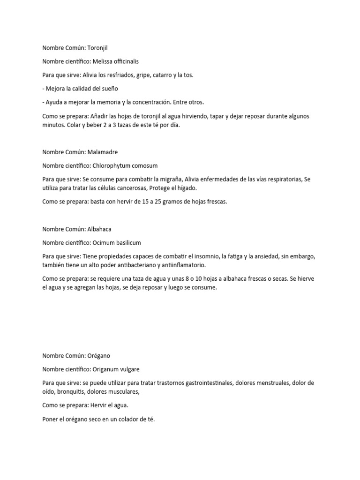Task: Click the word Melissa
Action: click(x=104, y=61)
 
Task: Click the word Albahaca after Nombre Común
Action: click(x=99, y=229)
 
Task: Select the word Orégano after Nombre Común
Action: click(x=98, y=356)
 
